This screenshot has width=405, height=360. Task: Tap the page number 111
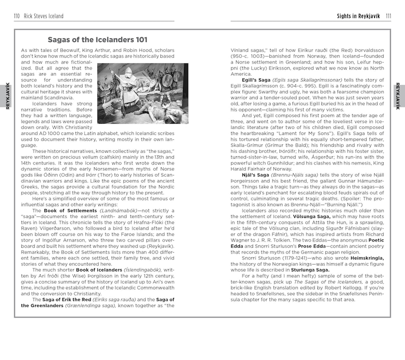click(x=388, y=16)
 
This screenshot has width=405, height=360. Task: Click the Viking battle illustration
click(x=142, y=93)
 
